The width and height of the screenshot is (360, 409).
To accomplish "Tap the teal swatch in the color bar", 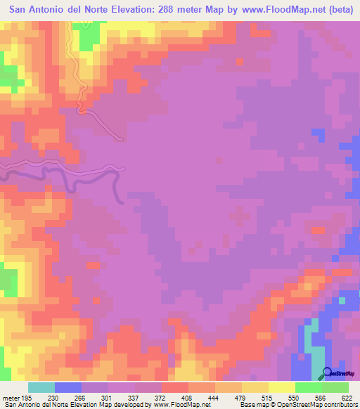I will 41,387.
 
